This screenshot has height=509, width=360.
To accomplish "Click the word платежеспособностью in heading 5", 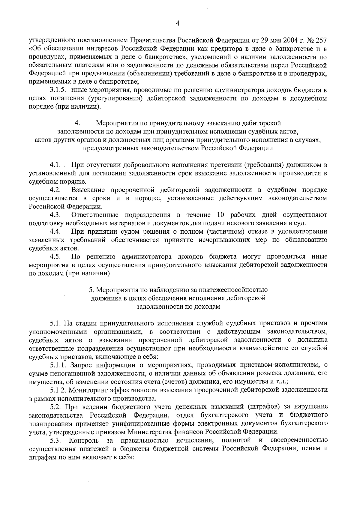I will click(x=236, y=290).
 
